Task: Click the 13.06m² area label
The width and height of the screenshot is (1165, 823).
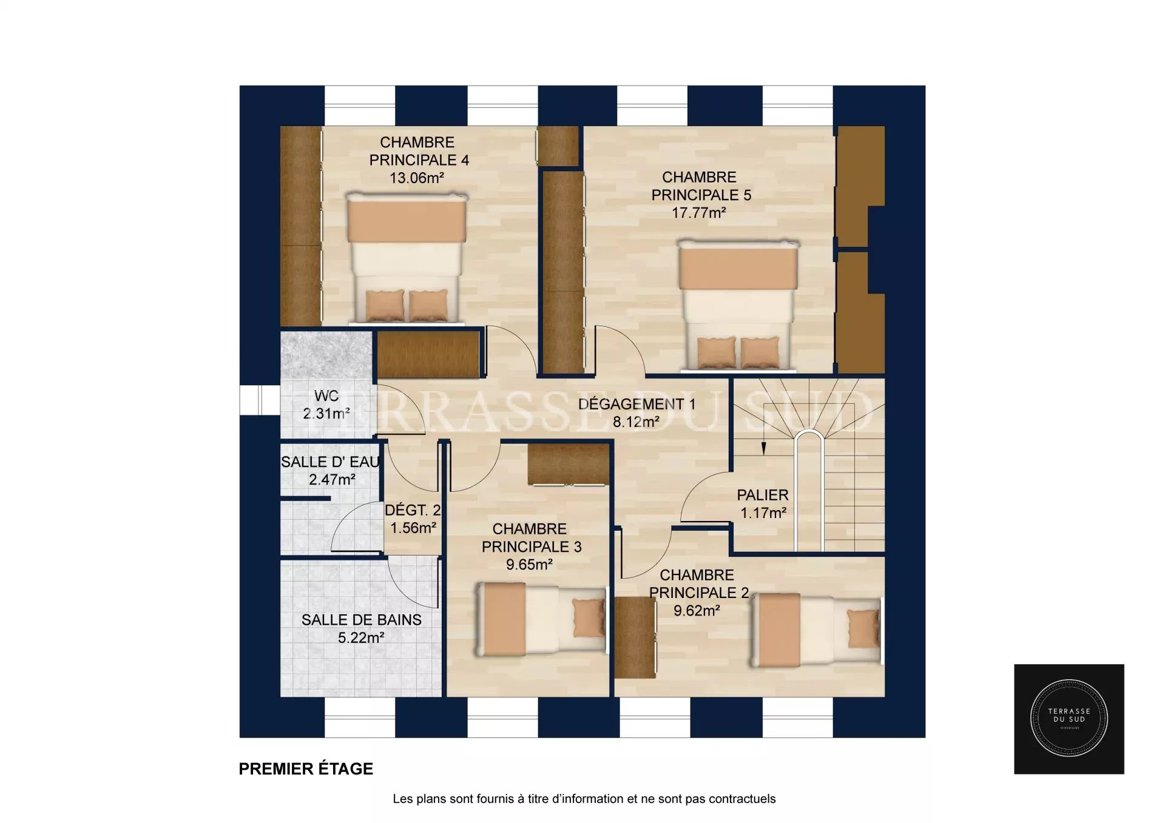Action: pyautogui.click(x=417, y=178)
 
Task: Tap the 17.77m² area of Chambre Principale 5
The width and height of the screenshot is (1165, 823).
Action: pyautogui.click(x=699, y=213)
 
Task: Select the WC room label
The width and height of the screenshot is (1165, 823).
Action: pyautogui.click(x=326, y=396)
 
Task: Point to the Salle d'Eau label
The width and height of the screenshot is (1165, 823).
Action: pyautogui.click(x=331, y=462)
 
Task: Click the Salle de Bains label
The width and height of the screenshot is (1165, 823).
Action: pyautogui.click(x=362, y=620)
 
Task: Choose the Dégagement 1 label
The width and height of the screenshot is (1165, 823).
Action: pyautogui.click(x=637, y=404)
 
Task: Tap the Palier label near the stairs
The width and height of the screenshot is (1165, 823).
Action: pyautogui.click(x=763, y=495)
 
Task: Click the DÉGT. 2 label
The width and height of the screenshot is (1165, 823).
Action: pyautogui.click(x=413, y=511)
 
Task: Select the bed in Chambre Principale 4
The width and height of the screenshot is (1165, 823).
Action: pyautogui.click(x=406, y=258)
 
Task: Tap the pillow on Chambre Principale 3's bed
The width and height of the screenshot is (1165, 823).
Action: pyautogui.click(x=588, y=619)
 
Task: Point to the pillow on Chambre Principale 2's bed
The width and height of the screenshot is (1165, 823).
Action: pyautogui.click(x=863, y=629)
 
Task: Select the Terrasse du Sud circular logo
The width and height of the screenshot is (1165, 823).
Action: pyautogui.click(x=1069, y=719)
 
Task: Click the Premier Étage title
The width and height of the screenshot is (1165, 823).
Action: pyautogui.click(x=306, y=769)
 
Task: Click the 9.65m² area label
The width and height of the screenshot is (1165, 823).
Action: pyautogui.click(x=529, y=565)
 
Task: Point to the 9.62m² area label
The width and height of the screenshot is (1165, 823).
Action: pyautogui.click(x=697, y=611)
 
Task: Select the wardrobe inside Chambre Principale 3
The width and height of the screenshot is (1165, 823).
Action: pyautogui.click(x=569, y=464)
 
